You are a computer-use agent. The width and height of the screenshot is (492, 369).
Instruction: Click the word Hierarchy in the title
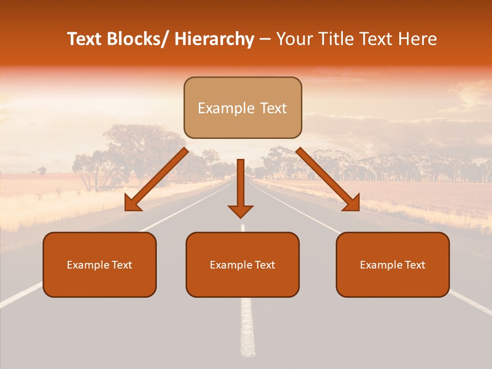click(214, 39)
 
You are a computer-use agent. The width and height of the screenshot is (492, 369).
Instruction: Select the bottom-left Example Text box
click(99, 265)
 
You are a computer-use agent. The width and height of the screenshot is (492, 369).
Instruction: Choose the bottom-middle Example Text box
click(242, 265)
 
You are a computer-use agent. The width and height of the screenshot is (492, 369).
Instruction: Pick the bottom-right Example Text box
click(393, 265)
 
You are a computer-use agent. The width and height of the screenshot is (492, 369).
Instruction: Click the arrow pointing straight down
click(240, 190)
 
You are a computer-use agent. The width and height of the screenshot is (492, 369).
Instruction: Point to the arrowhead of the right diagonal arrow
click(352, 204)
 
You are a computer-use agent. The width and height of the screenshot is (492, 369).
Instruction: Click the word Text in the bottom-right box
click(415, 265)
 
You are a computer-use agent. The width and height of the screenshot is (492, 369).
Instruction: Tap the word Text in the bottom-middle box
click(264, 265)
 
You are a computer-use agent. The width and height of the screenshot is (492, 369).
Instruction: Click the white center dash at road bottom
click(248, 328)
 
